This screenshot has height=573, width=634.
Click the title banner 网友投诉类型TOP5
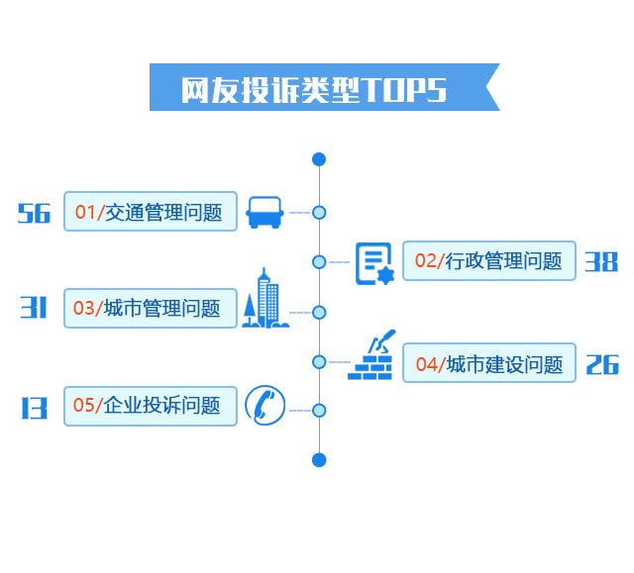(x=324, y=87)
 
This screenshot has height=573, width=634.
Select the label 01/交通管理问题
(x=151, y=212)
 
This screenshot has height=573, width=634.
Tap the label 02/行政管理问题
(x=489, y=261)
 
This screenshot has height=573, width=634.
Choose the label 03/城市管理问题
(x=151, y=308)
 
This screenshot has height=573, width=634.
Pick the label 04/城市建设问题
(x=489, y=362)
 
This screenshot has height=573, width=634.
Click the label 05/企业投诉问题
(x=151, y=406)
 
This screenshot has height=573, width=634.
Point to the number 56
(x=34, y=213)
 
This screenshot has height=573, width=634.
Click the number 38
(x=601, y=261)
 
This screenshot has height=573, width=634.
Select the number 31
(x=34, y=308)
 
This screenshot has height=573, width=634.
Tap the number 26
(x=602, y=364)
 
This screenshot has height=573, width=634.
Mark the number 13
(x=35, y=408)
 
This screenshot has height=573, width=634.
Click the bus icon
(x=264, y=213)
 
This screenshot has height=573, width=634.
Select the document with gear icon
(x=374, y=263)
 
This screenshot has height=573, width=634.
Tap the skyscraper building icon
(x=265, y=298)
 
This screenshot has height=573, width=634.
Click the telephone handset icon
(x=265, y=406)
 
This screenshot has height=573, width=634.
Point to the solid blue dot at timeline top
(x=319, y=159)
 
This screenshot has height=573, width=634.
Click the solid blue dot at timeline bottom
(x=319, y=460)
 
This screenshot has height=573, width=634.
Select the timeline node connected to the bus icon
(x=319, y=213)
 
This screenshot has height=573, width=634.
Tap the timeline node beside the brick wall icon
(x=319, y=362)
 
